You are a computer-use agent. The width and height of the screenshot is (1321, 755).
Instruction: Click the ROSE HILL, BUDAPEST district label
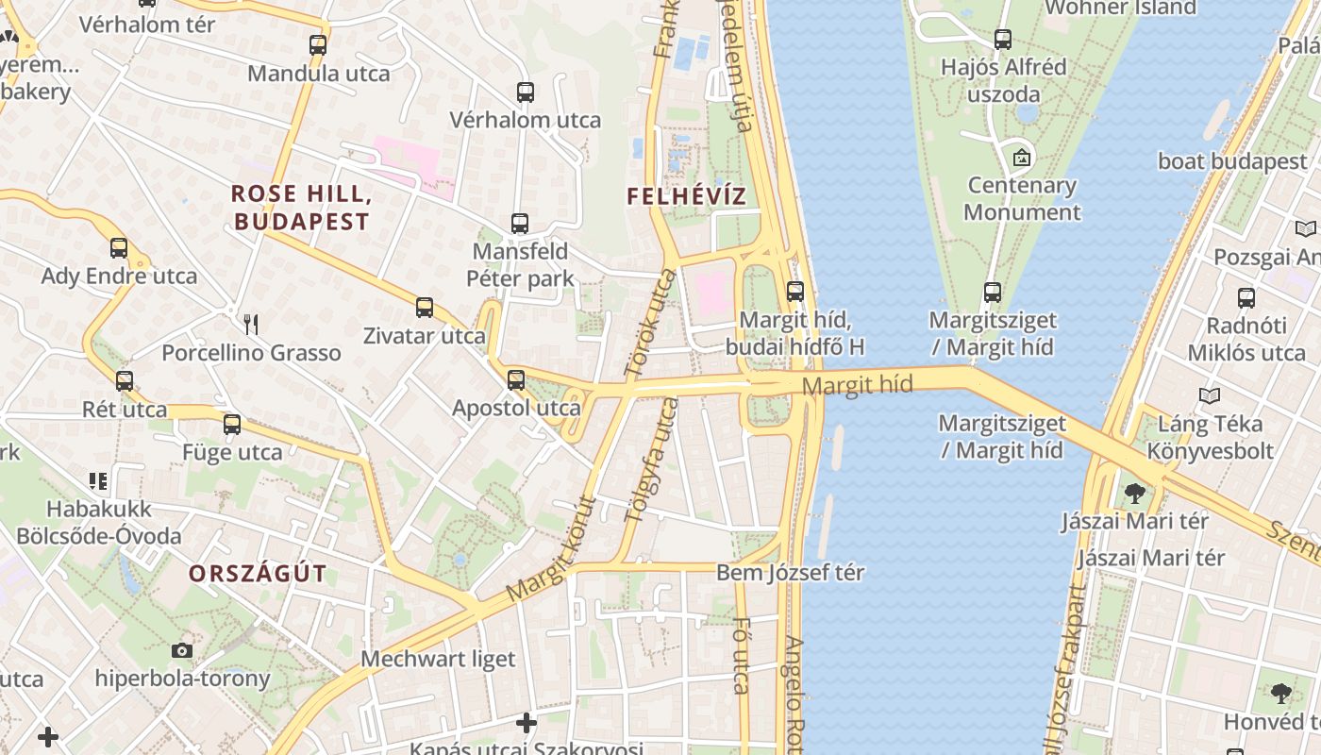(300, 208)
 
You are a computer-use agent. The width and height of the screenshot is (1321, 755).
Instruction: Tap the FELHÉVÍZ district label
(687, 196)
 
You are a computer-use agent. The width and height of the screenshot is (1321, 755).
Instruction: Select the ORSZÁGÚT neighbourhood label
(258, 573)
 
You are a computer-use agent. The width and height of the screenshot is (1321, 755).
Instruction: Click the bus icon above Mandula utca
(318, 44)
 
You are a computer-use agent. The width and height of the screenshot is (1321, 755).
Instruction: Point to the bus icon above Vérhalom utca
(526, 92)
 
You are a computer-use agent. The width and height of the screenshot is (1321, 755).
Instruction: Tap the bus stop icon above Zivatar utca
(425, 308)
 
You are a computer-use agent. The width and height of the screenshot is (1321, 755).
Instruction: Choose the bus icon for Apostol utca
(516, 380)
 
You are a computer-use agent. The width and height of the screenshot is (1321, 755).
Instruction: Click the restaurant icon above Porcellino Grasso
(251, 325)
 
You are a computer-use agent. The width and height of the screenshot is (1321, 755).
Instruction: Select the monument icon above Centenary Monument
(1022, 158)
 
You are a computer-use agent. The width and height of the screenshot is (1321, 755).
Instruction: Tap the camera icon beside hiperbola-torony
(182, 650)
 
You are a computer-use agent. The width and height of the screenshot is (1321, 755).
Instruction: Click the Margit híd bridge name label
(858, 384)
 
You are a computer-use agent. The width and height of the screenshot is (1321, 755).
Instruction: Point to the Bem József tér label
(791, 572)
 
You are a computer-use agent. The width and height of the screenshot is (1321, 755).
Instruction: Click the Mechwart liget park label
(439, 659)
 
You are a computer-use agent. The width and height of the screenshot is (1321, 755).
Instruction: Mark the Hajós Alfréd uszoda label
(1004, 80)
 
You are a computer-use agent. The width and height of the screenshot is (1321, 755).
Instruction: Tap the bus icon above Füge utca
(232, 425)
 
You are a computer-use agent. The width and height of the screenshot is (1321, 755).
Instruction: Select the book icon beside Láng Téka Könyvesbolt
(1210, 396)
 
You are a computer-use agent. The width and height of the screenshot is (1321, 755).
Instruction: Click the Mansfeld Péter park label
(520, 265)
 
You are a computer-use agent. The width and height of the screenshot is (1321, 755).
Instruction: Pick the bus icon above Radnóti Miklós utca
(1246, 298)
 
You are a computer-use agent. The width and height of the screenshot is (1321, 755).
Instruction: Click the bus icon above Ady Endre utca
(119, 248)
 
